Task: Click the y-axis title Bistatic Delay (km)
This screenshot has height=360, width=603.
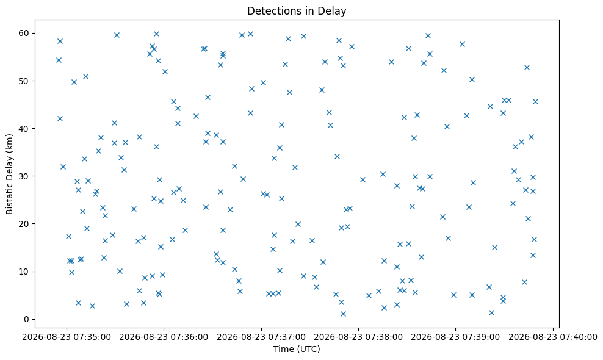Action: tap(9, 174)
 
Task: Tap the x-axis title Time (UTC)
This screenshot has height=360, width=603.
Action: tap(297, 349)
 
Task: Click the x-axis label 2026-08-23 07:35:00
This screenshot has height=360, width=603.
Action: tap(67, 337)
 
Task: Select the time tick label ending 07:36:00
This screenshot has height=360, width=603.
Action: tap(164, 337)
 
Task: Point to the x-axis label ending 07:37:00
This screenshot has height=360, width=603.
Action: tap(261, 337)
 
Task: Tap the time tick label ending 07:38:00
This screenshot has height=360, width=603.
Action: tap(358, 337)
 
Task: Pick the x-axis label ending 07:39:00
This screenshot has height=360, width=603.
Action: tap(456, 337)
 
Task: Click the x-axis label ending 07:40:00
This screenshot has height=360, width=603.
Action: tap(553, 337)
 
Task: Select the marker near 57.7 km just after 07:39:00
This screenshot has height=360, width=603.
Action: tap(462, 44)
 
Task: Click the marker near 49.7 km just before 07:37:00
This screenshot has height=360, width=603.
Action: tap(264, 83)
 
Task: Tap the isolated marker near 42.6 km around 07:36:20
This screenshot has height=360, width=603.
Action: tap(196, 116)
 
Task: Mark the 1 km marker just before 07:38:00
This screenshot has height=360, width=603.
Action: tap(344, 314)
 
